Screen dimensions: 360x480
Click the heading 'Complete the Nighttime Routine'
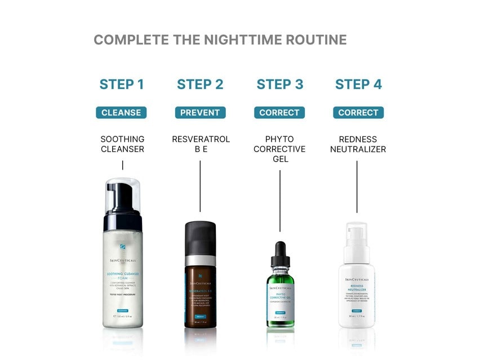click(220, 40)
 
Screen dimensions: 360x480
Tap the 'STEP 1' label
click(122, 85)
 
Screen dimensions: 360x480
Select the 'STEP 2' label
click(200, 85)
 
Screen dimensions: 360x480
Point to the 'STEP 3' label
click(279, 85)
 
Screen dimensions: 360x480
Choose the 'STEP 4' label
click(358, 85)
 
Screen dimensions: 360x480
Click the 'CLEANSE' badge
click(121, 113)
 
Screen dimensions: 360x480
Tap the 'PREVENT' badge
click(200, 113)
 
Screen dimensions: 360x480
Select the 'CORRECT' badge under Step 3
click(279, 113)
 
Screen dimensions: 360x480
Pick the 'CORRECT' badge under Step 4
click(358, 113)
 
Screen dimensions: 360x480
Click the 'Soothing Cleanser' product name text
click(122, 144)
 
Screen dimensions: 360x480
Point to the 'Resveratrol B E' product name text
click(201, 144)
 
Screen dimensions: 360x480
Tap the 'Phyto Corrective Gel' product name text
click(279, 149)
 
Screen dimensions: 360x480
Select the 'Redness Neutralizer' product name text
click(358, 144)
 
